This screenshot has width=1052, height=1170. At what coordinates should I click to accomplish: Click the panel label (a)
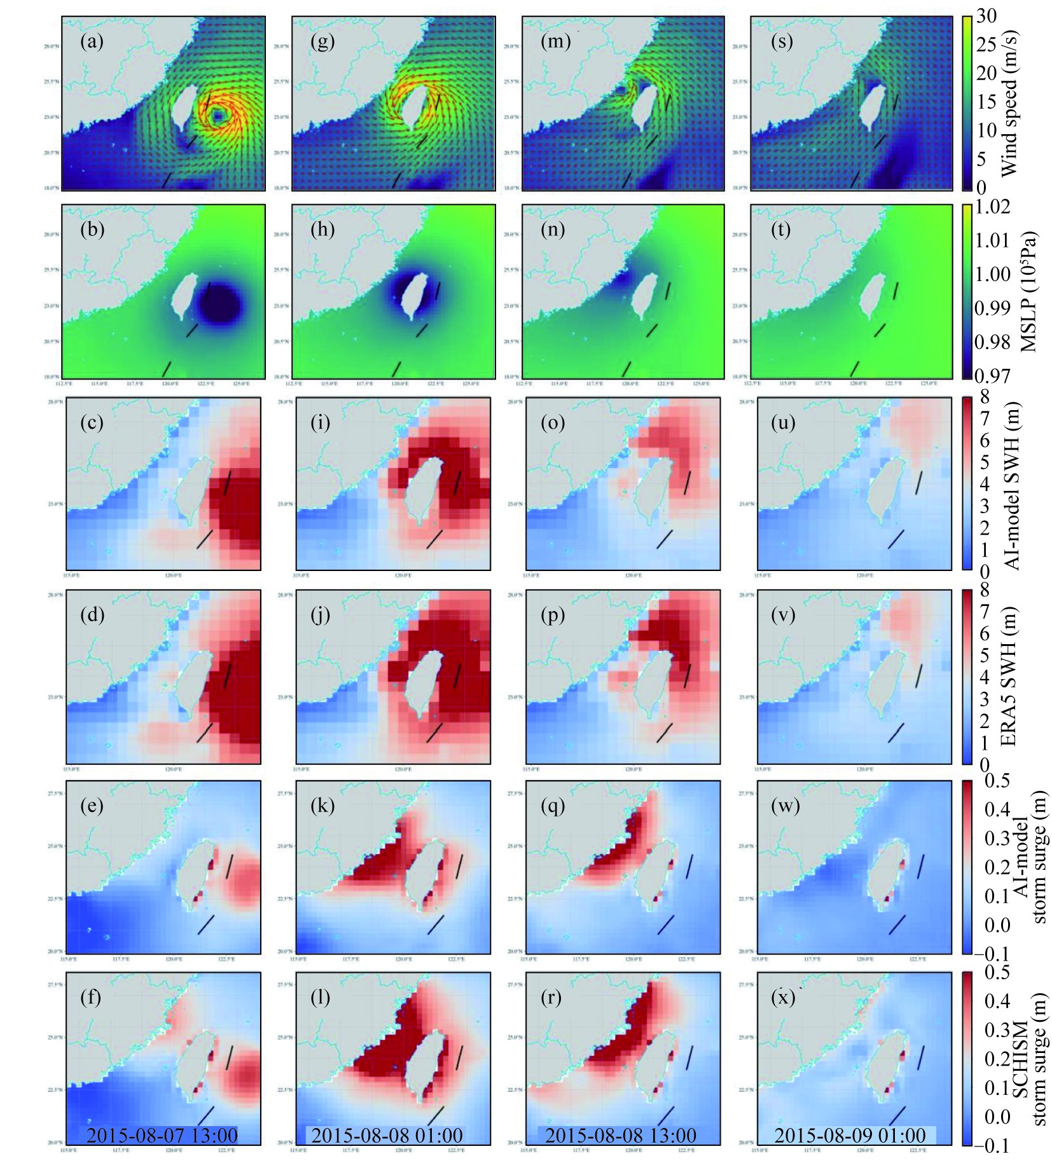(x=92, y=42)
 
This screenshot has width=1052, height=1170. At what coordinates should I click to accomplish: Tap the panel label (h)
(x=322, y=230)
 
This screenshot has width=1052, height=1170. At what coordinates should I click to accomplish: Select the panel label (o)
(x=553, y=422)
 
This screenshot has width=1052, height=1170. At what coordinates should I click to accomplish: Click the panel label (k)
(x=322, y=806)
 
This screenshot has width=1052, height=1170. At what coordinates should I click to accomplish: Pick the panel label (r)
(x=551, y=998)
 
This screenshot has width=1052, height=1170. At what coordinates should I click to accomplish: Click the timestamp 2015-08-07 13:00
(x=162, y=1135)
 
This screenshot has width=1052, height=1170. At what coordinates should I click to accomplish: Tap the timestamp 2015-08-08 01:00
(x=387, y=1135)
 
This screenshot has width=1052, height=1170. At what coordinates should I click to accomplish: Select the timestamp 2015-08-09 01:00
(x=850, y=1135)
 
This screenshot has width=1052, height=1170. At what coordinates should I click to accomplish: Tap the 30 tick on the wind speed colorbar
(x=986, y=16)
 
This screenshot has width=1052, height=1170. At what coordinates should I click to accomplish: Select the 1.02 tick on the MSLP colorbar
(x=992, y=207)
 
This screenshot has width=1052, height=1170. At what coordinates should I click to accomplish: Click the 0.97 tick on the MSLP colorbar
(x=992, y=375)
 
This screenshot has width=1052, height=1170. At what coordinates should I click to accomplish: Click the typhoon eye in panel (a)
(x=218, y=115)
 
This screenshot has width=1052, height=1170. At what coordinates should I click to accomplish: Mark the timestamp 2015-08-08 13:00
(x=621, y=1135)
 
